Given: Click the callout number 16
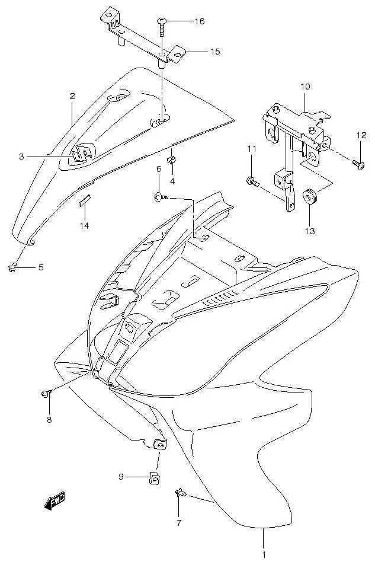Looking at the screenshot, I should (199, 21).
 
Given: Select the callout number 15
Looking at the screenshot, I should (214, 52).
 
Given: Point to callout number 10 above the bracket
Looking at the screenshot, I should (305, 87).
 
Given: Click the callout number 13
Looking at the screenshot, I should (310, 230).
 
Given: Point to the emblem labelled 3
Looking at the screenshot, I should (82, 154).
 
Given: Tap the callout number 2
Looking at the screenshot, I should (72, 95).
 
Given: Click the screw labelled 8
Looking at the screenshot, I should (47, 393).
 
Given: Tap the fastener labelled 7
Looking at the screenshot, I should (180, 494).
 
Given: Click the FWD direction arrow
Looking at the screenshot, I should (55, 502).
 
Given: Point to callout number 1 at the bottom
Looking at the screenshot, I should (264, 556).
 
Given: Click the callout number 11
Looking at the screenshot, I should (251, 149).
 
